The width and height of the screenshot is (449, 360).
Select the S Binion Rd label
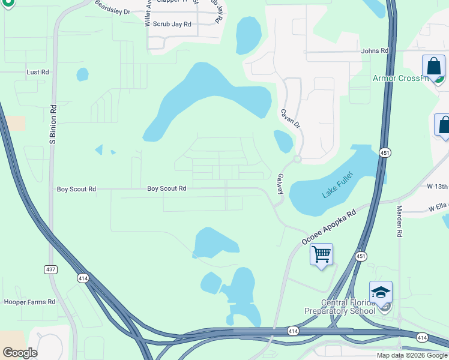click(53, 125)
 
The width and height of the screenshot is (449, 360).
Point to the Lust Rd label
click(37, 72)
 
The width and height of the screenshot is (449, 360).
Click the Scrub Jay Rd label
click(172, 24)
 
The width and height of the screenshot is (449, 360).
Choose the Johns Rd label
click(375, 51)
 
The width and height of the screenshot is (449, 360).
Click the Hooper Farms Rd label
click(29, 302)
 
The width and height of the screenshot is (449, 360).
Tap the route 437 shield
click(51, 270)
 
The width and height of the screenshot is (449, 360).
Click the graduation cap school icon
click(381, 292)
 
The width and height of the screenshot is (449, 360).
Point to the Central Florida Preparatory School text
click(340, 307)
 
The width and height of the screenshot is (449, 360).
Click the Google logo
click(20, 353)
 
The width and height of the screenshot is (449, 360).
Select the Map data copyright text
click(412, 355)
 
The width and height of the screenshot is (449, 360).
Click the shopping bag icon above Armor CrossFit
click(433, 66)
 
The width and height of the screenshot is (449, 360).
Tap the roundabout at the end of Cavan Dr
click(297, 159)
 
